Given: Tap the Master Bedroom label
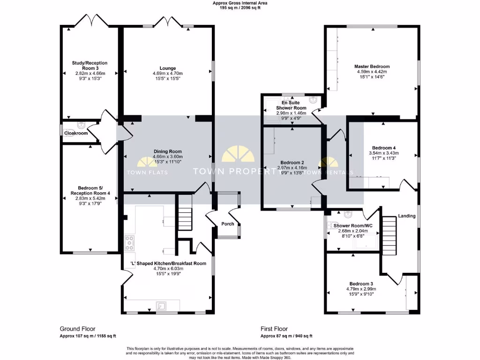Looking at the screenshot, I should click(x=372, y=67).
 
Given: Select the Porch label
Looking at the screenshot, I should click(x=228, y=224).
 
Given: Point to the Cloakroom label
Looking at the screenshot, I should click(x=76, y=133).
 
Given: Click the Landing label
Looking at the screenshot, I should click(x=406, y=216).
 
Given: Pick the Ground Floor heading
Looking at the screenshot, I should click(x=77, y=329).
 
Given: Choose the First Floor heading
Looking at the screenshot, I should click(x=274, y=329).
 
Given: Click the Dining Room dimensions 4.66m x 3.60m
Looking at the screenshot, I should click(x=167, y=157).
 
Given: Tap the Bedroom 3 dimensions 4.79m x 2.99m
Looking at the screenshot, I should click(x=361, y=289).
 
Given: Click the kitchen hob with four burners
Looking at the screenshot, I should click(x=129, y=243).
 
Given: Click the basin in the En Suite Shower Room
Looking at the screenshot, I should click(x=313, y=99).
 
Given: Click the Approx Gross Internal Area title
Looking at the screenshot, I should click(x=240, y=3).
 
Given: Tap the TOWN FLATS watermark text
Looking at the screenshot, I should click(x=147, y=172).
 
